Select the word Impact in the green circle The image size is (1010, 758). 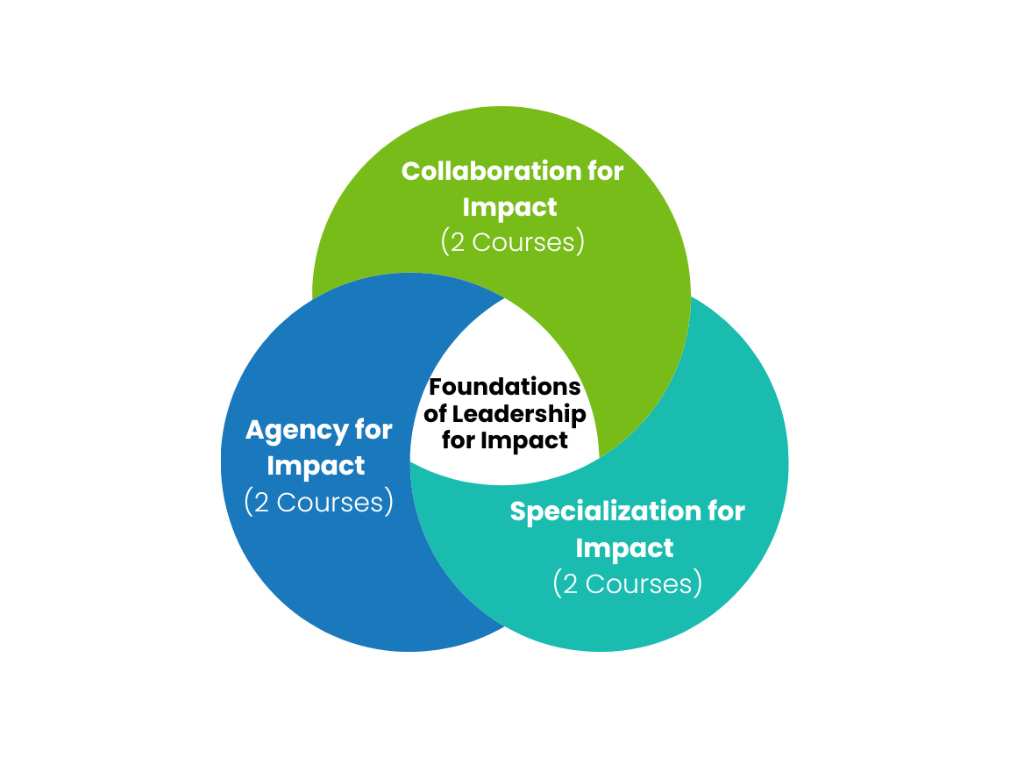pos(509,207)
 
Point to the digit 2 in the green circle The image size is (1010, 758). pos(458,242)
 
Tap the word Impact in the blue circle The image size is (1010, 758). pos(316,466)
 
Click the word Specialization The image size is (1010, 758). pos(604,511)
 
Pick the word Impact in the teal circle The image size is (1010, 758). pos(624,547)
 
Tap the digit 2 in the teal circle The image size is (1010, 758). pos(570,583)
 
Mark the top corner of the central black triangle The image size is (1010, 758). pos(506,300)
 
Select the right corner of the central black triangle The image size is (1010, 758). pos(598,456)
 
